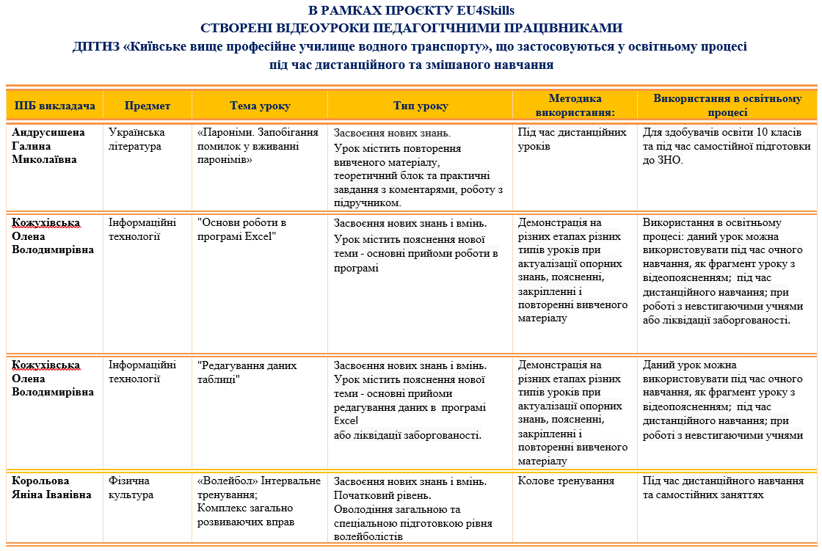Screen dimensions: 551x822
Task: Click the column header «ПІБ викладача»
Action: click(x=55, y=106)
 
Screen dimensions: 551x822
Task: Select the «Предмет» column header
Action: click(x=147, y=106)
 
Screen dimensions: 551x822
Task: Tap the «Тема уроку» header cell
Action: click(x=260, y=106)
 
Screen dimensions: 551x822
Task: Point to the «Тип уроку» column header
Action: click(x=420, y=106)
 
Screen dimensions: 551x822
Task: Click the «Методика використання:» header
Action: click(x=575, y=106)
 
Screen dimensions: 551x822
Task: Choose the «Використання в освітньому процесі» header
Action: click(x=727, y=106)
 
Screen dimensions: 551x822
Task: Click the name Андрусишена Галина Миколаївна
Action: click(x=49, y=146)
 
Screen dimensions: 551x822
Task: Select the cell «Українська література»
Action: click(x=137, y=139)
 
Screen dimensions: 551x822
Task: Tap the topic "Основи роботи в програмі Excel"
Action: click(x=242, y=229)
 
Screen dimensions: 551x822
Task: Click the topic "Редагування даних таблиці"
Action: click(x=247, y=372)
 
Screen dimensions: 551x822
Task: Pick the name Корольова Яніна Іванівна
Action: click(x=51, y=488)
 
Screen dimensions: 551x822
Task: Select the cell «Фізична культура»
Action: click(x=129, y=488)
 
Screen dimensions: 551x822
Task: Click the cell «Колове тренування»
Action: click(x=566, y=481)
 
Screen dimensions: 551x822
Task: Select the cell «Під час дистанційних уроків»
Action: click(x=572, y=139)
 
